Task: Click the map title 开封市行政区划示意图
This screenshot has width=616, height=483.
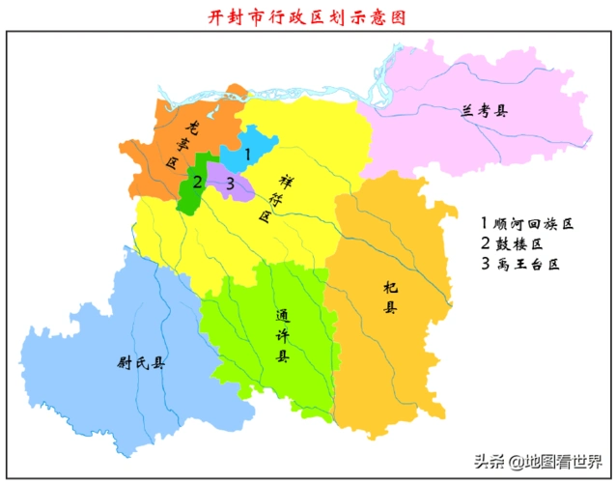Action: pyautogui.click(x=308, y=16)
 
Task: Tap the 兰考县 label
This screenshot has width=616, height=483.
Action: pyautogui.click(x=484, y=110)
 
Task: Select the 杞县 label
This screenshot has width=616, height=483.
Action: pyautogui.click(x=390, y=298)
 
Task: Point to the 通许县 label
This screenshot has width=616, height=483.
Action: pyautogui.click(x=282, y=335)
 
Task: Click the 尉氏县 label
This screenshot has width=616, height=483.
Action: pyautogui.click(x=141, y=364)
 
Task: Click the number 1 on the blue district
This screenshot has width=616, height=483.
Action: pyautogui.click(x=247, y=154)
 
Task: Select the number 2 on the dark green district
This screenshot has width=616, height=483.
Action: pyautogui.click(x=197, y=181)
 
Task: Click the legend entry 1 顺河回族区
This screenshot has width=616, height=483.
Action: pyautogui.click(x=526, y=223)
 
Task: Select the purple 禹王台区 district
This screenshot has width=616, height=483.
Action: pyautogui.click(x=239, y=188)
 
